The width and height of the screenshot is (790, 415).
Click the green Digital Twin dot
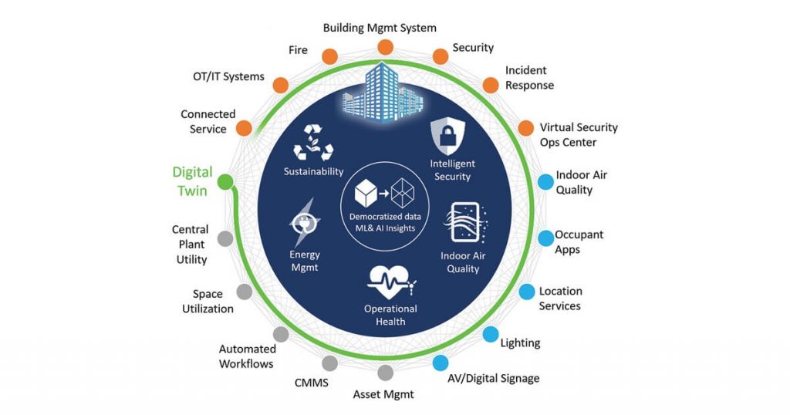pos(225,182)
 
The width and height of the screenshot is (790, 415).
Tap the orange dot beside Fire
pos(328,56)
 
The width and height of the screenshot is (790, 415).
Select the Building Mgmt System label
pos(380,28)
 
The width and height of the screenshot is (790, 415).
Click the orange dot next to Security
pos(440,56)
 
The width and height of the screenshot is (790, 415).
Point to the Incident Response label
pos(529,78)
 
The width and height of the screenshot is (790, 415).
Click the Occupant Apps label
pos(579,241)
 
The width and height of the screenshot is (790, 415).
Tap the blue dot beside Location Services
pos(526,292)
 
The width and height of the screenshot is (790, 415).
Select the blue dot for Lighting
pos(490,334)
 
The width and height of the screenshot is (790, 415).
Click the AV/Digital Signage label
pos(493,378)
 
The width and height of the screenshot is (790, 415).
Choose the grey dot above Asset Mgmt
pos(385,373)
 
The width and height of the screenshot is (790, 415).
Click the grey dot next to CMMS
pos(329,363)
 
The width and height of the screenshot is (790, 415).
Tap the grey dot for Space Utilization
pos(244,292)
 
